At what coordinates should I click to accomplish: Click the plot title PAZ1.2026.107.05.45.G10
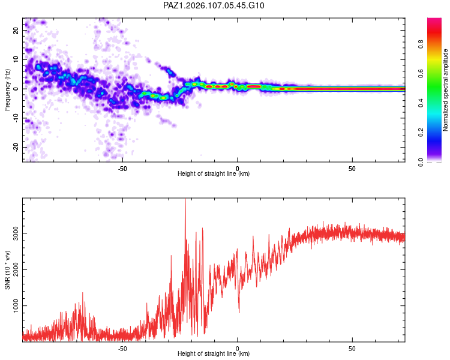(214, 5)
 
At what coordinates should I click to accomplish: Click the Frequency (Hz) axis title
(7, 90)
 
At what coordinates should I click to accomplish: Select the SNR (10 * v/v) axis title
(7, 270)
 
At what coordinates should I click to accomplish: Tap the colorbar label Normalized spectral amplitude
(445, 90)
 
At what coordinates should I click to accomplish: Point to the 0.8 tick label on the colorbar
(421, 44)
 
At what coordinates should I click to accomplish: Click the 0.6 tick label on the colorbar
(421, 74)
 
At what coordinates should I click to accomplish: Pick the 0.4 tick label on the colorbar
(421, 103)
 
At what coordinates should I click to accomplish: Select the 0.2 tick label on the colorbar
(421, 133)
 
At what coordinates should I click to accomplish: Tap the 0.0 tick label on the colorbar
(421, 162)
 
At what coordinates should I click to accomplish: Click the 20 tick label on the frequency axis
(16, 31)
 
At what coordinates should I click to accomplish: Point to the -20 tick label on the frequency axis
(16, 148)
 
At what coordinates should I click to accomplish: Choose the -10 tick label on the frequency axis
(16, 118)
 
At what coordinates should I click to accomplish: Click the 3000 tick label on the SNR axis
(16, 233)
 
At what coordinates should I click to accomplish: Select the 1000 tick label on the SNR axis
(16, 306)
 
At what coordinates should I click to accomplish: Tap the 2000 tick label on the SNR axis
(16, 269)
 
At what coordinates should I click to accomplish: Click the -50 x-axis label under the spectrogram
(122, 169)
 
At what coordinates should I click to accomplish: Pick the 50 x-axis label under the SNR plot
(352, 349)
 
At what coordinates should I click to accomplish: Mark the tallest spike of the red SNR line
(185, 199)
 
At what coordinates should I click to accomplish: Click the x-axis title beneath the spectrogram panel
(214, 173)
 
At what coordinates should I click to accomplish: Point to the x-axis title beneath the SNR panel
(214, 353)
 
